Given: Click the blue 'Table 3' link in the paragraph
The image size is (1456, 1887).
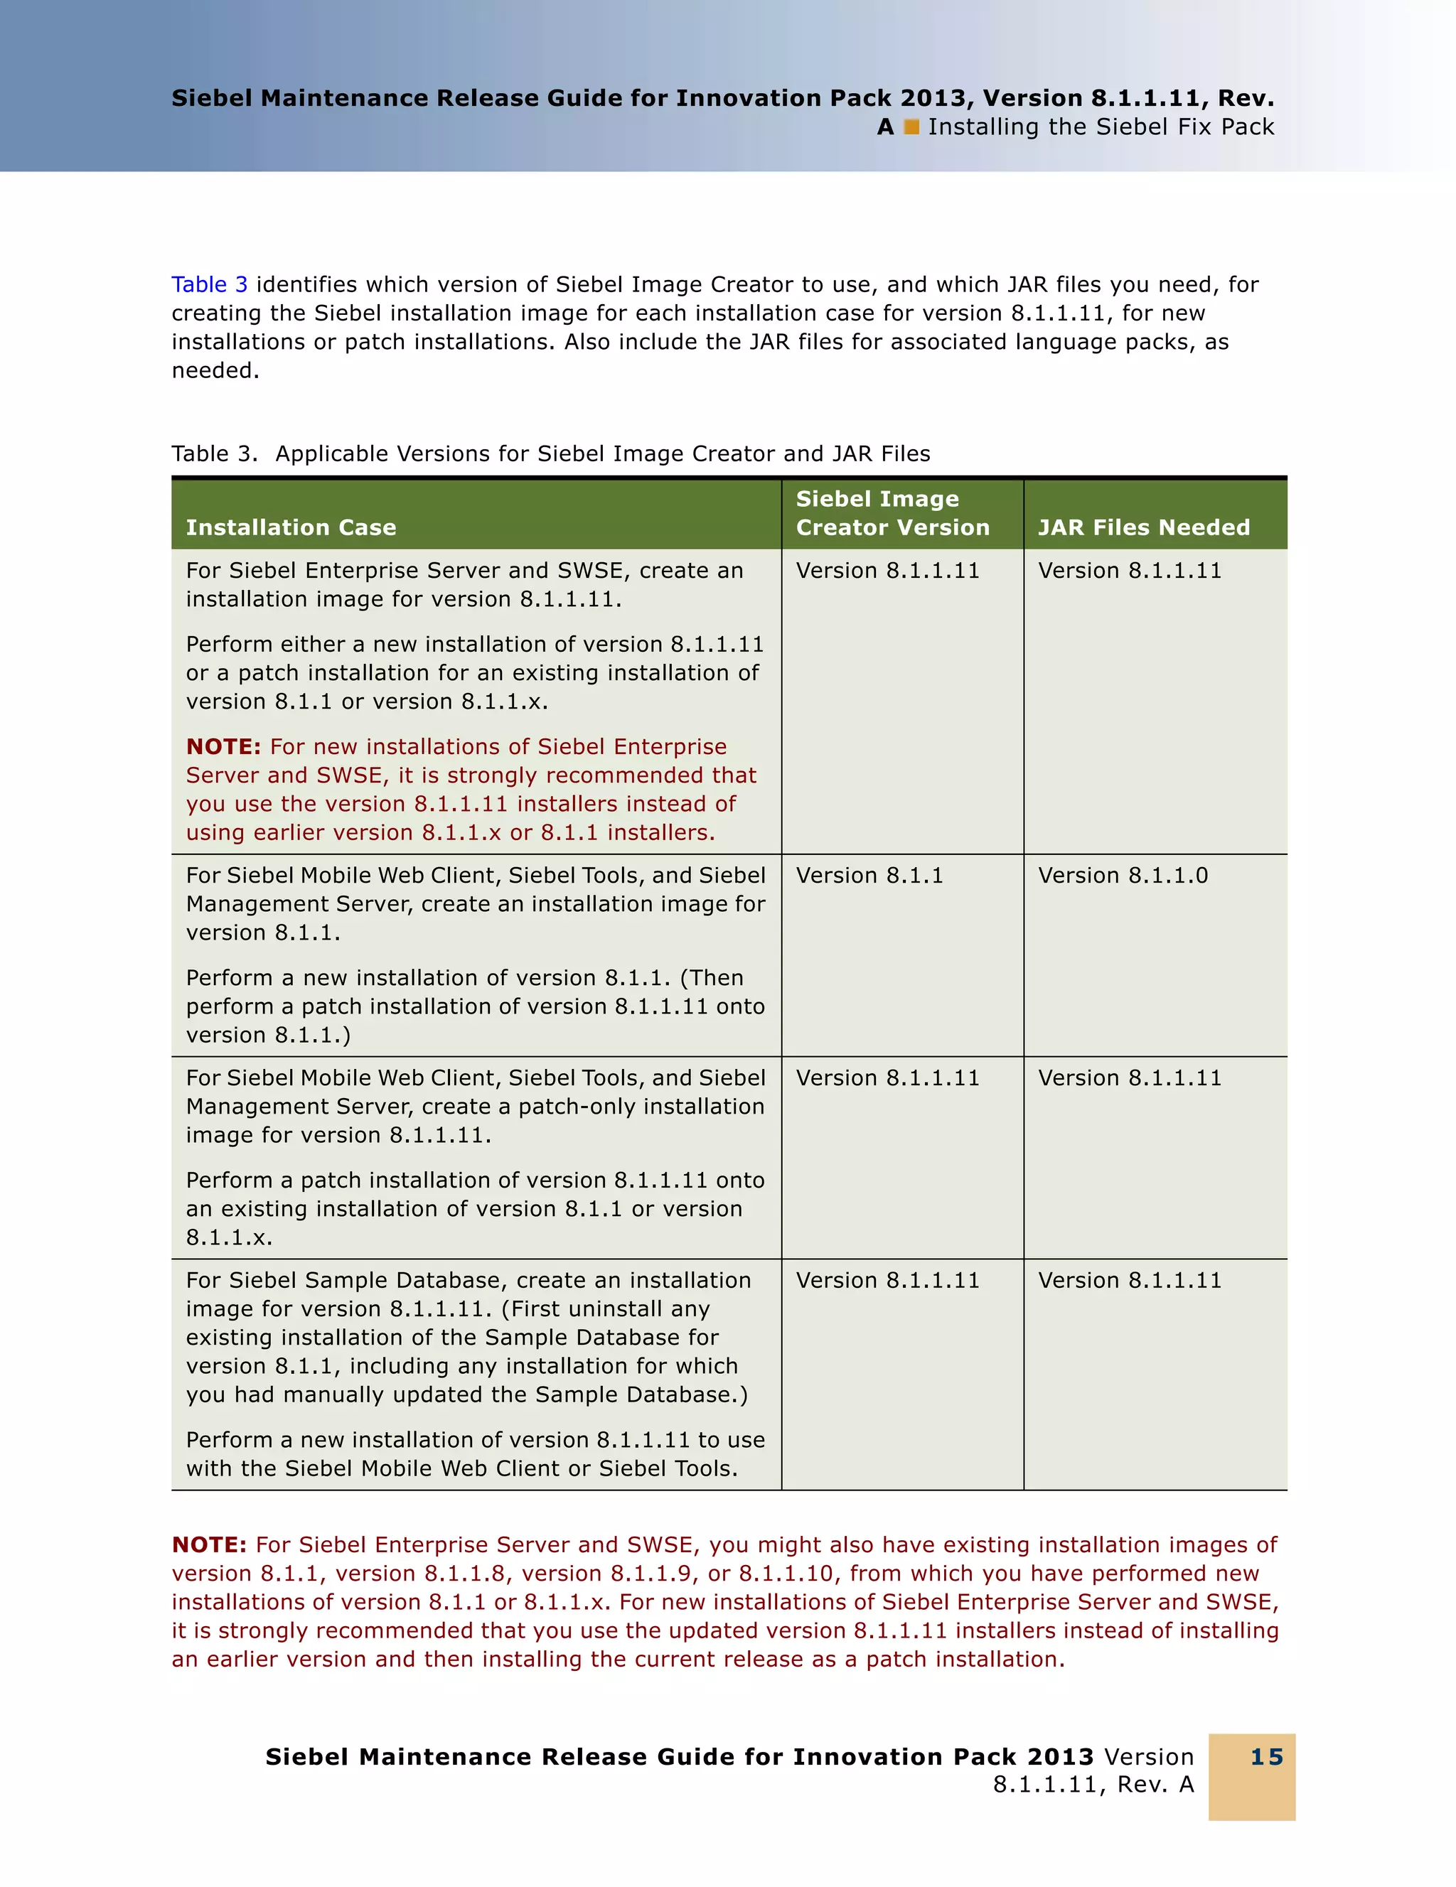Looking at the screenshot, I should tap(209, 284).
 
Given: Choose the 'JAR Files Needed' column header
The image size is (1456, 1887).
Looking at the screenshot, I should tap(1143, 527).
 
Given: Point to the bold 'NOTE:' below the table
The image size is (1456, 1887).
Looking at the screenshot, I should tap(209, 1545).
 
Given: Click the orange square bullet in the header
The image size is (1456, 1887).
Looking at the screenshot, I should tap(911, 127).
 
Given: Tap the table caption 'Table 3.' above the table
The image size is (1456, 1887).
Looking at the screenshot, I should tap(213, 453).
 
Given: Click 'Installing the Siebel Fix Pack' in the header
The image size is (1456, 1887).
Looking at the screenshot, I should tap(1101, 127).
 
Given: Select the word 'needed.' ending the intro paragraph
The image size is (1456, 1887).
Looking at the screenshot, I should tap(215, 371).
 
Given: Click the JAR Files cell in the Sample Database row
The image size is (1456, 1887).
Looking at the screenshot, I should tap(1130, 1281).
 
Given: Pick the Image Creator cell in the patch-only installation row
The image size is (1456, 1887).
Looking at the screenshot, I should tap(887, 1078).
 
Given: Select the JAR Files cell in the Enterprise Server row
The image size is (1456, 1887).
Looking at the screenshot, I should tap(1130, 571).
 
